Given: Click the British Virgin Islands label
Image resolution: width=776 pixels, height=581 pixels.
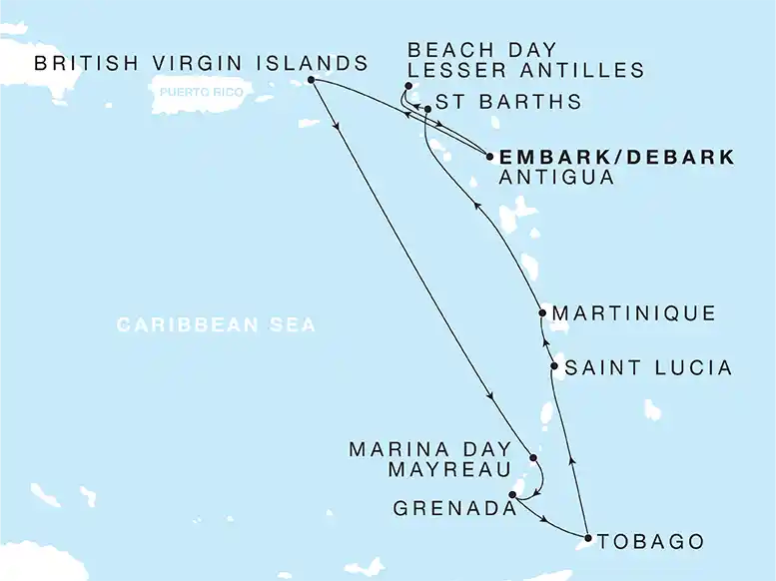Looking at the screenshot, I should (200, 64).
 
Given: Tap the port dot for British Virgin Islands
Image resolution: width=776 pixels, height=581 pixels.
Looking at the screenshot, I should (312, 80).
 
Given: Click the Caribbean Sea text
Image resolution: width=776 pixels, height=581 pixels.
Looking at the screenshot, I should (216, 325).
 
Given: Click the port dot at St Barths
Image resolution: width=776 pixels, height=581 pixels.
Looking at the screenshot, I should (427, 108).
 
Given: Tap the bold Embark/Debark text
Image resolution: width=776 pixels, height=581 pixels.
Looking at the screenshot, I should (616, 157).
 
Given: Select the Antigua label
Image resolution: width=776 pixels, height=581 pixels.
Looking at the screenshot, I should (554, 179).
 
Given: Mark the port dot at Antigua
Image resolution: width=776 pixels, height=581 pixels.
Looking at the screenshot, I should (488, 156).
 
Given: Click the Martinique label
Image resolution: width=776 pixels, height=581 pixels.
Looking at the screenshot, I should (633, 314).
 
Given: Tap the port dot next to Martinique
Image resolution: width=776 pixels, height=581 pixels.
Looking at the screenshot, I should (540, 313).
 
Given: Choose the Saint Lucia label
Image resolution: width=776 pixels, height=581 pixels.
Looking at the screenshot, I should (648, 369).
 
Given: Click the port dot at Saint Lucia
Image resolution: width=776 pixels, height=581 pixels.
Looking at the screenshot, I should (554, 368).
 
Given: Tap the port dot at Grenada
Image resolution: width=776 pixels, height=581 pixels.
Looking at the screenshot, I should (513, 495).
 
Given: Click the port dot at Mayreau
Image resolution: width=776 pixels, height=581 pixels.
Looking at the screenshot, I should (533, 459).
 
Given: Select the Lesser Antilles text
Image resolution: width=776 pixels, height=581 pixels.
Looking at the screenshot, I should (526, 70).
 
